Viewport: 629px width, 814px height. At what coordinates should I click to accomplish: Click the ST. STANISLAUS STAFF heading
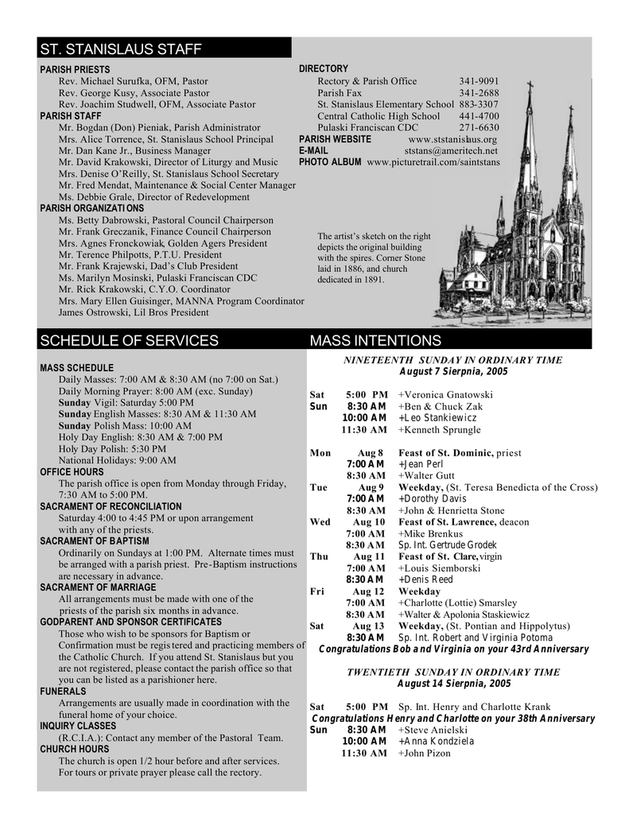coord(121,50)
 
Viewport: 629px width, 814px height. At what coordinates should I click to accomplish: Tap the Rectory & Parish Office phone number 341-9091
coord(479,81)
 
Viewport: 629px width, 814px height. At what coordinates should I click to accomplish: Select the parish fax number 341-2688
coord(479,93)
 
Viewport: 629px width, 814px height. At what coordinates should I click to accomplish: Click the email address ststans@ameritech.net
coord(451,150)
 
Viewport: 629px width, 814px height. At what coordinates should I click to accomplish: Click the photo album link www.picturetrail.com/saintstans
coord(433,162)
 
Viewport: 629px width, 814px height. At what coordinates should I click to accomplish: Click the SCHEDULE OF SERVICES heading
coord(129,341)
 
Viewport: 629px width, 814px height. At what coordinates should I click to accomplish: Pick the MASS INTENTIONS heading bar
coord(375,341)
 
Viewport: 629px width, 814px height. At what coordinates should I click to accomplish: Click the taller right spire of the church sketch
coord(569,159)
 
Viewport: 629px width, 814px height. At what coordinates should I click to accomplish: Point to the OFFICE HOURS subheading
coord(72,472)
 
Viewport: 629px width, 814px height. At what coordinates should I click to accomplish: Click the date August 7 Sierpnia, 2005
coord(452,372)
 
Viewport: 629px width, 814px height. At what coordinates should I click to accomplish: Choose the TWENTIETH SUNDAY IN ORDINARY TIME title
coord(452,672)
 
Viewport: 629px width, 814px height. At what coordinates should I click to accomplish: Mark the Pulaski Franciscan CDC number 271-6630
coord(479,127)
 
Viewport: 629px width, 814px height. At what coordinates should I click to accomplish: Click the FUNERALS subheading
coord(63,692)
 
